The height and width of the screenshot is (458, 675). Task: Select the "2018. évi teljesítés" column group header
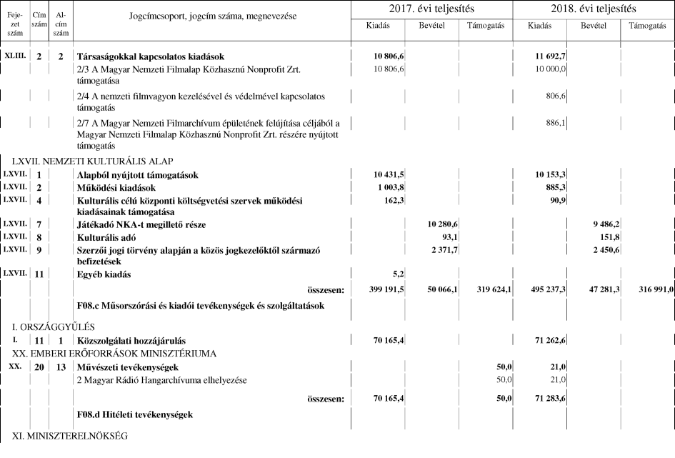point(594,9)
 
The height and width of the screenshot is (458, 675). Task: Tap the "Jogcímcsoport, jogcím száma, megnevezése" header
point(213,16)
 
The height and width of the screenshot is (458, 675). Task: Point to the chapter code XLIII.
point(15,56)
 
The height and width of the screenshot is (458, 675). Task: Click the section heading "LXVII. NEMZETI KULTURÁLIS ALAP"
point(92,161)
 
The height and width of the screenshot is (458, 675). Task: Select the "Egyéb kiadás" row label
point(106,274)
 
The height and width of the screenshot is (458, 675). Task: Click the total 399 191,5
point(386,290)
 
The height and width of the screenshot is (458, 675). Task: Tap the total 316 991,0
point(651,290)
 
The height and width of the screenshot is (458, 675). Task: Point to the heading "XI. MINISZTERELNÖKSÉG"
point(69,436)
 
